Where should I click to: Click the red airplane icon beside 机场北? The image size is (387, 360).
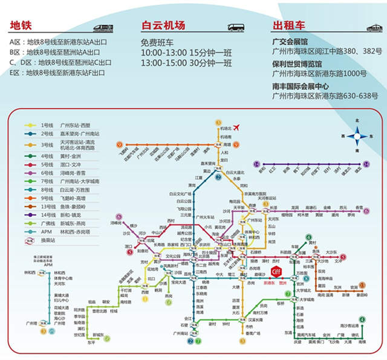point(236,127)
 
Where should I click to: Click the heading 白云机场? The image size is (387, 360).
point(163,25)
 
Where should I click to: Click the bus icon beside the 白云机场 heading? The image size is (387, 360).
point(236,27)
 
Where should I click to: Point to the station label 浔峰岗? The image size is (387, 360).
point(115,223)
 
